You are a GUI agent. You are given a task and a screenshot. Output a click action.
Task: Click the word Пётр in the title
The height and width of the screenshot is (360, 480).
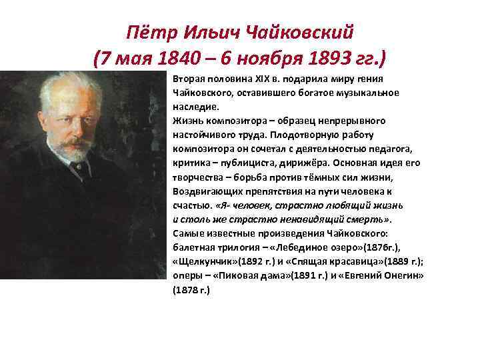pyautogui.click(x=148, y=32)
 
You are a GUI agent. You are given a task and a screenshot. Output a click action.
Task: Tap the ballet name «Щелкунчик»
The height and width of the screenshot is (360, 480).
pyautogui.click(x=203, y=261)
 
